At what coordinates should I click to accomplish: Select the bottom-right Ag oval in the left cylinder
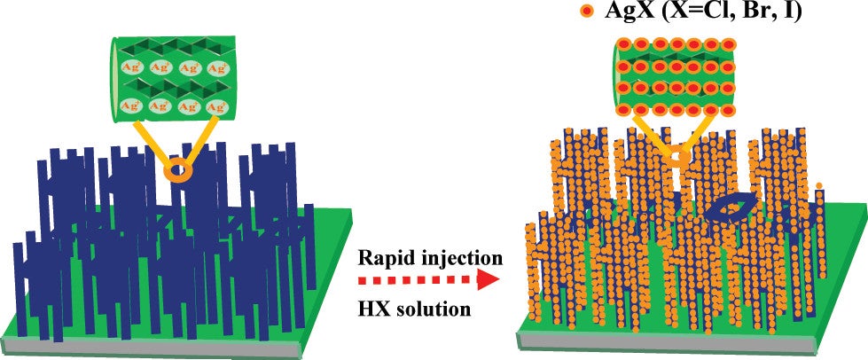tap(215, 106)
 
